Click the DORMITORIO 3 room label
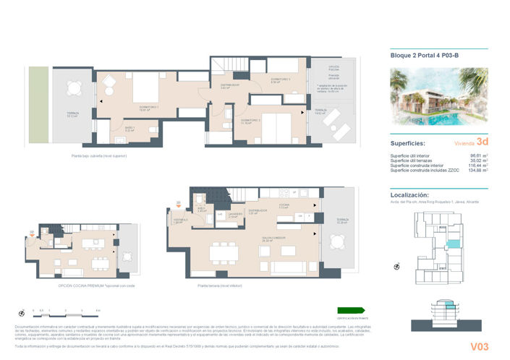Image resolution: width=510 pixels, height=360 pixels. point(281,80)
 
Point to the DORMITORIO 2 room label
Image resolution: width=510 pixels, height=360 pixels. point(250,121)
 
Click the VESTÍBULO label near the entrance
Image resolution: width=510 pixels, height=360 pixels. point(177,222)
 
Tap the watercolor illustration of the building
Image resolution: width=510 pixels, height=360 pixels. point(438,97)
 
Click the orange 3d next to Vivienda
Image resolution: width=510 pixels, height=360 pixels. point(482,143)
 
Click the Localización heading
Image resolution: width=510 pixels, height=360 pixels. point(409,195)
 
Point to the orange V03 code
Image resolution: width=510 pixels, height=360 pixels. point(479,346)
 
